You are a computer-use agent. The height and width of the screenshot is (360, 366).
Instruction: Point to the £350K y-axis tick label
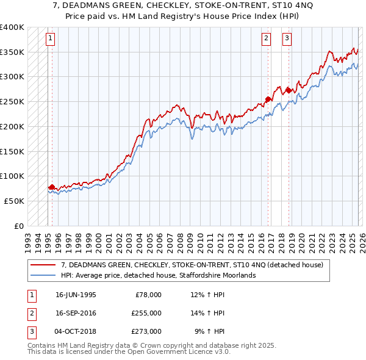[12, 52]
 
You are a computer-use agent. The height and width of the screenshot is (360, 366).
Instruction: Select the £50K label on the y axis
[14, 201]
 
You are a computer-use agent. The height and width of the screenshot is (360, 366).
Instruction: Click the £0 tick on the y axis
[19, 226]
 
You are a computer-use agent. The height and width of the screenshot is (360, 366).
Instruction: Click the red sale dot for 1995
[52, 187]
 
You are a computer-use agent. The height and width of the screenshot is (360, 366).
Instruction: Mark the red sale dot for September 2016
[267, 99]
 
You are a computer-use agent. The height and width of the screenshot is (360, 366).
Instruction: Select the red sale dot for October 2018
[288, 91]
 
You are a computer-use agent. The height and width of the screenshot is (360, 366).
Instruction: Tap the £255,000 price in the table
[146, 313]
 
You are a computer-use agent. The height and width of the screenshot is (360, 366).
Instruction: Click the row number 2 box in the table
[30, 313]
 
